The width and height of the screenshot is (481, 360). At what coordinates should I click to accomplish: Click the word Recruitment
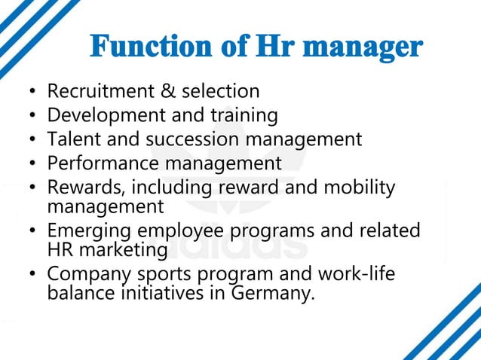click(101, 92)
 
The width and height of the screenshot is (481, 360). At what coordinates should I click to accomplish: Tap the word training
click(242, 116)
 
